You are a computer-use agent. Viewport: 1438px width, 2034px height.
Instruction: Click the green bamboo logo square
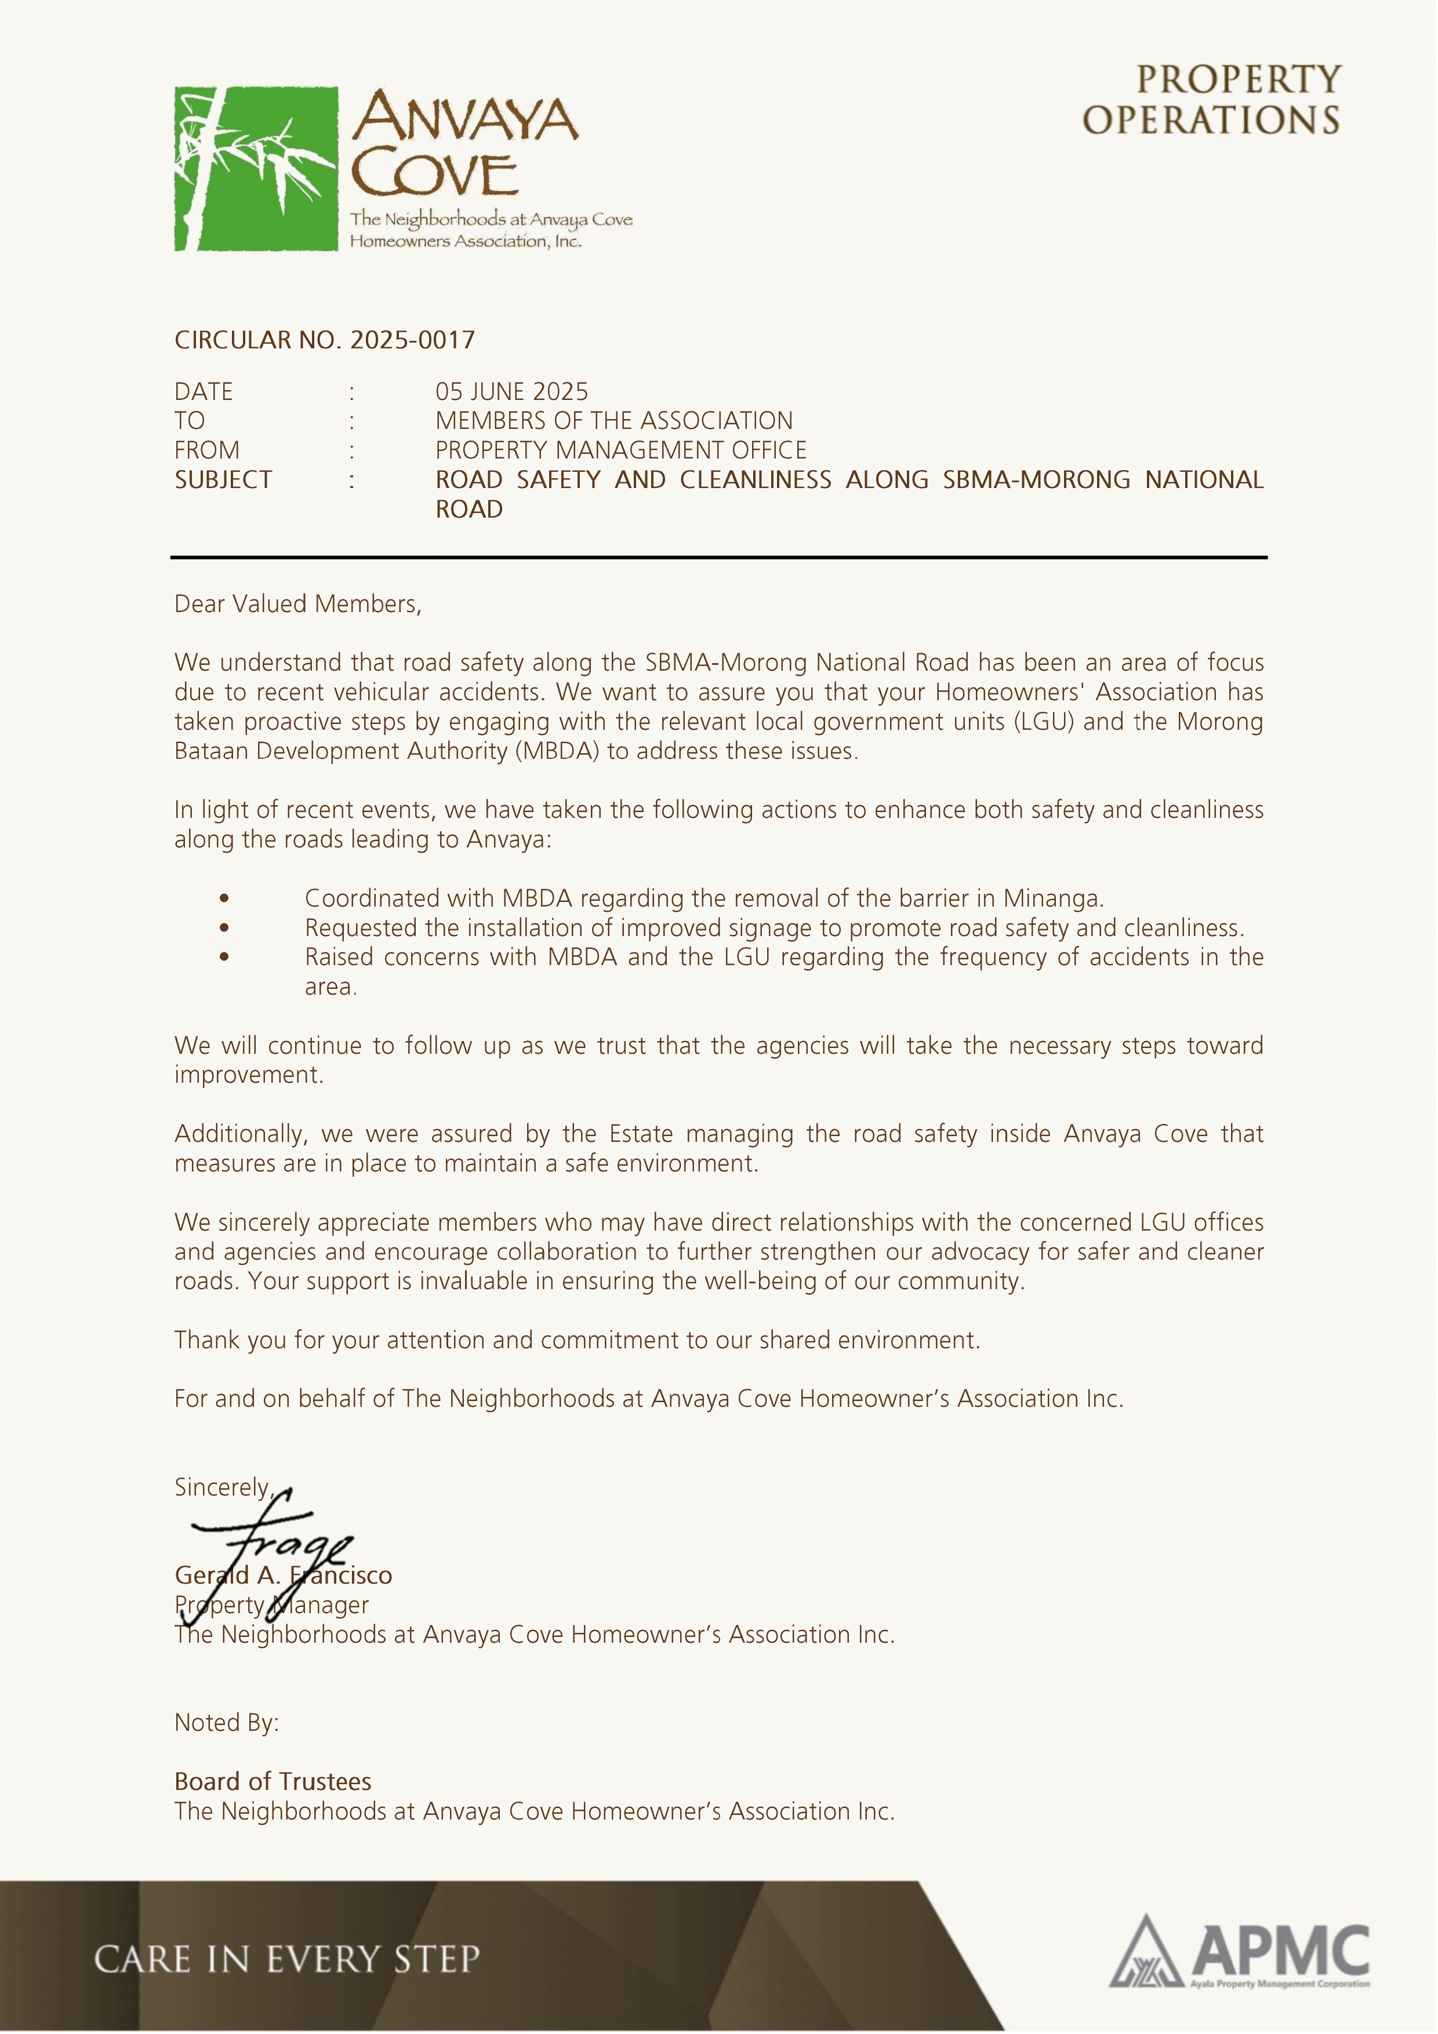[x=256, y=168]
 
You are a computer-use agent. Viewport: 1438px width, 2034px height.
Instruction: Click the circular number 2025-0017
[x=412, y=340]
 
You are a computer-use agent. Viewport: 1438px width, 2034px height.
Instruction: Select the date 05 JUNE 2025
[x=511, y=392]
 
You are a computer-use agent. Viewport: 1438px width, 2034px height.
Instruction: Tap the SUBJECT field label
[x=223, y=480]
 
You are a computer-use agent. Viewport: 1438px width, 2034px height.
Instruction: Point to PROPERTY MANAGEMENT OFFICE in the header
[x=620, y=450]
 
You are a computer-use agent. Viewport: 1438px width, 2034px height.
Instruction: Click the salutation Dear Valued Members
[x=297, y=604]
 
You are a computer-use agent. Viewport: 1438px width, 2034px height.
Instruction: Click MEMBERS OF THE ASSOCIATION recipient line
[x=614, y=421]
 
